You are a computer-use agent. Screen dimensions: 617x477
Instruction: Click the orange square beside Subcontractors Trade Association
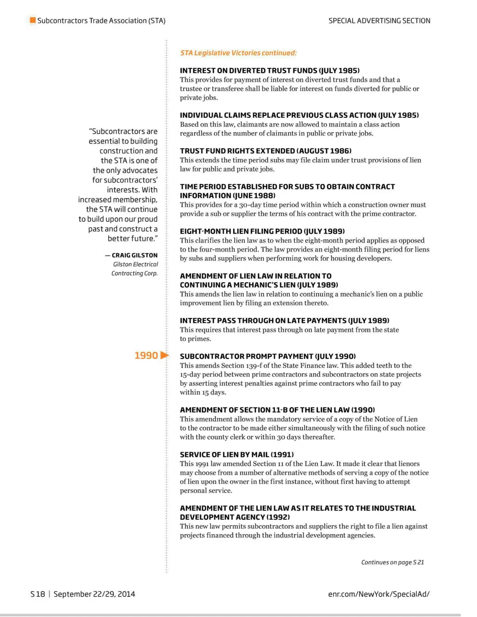click(33, 20)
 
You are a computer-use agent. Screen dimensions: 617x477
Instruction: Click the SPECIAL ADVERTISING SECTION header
click(379, 20)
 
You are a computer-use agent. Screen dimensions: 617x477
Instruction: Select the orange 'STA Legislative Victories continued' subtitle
click(238, 53)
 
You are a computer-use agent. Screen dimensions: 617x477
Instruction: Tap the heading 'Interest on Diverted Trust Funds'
click(269, 71)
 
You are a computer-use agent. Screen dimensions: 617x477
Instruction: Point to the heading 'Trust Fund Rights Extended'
click(266, 151)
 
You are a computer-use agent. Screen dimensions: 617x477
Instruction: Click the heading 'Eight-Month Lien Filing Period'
click(262, 231)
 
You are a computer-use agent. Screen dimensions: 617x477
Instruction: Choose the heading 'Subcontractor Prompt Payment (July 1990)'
click(267, 356)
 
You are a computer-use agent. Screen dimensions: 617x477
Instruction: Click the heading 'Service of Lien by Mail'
click(237, 454)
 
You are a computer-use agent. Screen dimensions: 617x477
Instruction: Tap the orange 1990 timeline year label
click(146, 356)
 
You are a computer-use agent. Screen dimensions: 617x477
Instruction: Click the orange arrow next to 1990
click(164, 355)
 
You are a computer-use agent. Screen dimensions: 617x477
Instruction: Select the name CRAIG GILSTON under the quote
click(134, 255)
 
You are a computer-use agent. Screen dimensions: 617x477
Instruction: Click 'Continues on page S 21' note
click(392, 563)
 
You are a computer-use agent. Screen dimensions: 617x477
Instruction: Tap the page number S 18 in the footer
click(38, 594)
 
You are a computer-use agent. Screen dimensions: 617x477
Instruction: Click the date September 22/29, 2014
click(94, 594)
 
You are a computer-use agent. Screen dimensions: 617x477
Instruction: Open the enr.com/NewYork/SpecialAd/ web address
click(378, 594)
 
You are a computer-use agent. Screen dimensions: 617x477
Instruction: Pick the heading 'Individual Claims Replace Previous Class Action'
click(299, 115)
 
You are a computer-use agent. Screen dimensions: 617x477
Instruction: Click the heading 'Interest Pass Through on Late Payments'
click(284, 321)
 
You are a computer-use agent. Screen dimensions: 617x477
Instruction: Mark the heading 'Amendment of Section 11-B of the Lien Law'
click(277, 410)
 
